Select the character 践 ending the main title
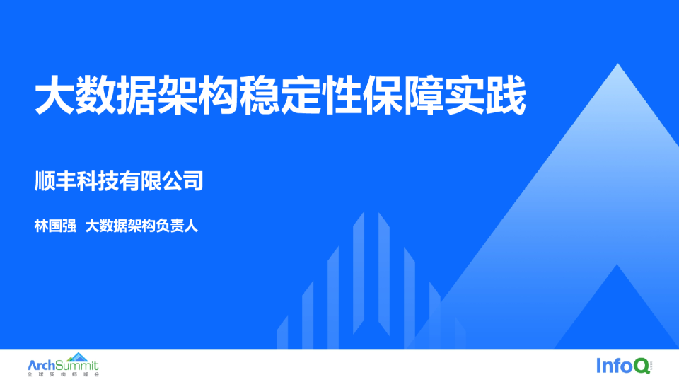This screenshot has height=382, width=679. pos(506,95)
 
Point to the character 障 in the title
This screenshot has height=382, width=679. pos(424,95)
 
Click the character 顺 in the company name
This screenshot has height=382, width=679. pos(45,181)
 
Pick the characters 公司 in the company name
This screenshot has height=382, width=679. pos(182,181)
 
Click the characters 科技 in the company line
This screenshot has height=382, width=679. pos(98,181)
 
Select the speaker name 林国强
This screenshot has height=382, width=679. pos(55,226)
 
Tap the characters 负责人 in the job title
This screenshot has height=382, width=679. pos(177,226)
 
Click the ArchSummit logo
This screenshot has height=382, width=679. pos(63,365)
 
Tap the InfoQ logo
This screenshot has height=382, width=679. pos(624,366)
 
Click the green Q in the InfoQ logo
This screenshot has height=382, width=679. pos(642,366)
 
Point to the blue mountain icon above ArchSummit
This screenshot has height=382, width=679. pos(78,357)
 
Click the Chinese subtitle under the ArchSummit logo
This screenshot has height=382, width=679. pos(63,374)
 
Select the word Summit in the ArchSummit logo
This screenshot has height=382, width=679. pos(77,366)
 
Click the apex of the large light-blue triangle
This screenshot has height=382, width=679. pos(618,64)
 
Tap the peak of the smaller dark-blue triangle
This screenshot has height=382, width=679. pos(617,265)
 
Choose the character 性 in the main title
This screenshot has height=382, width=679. pos(342,95)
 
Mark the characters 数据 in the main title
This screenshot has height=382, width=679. pos(115,95)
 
